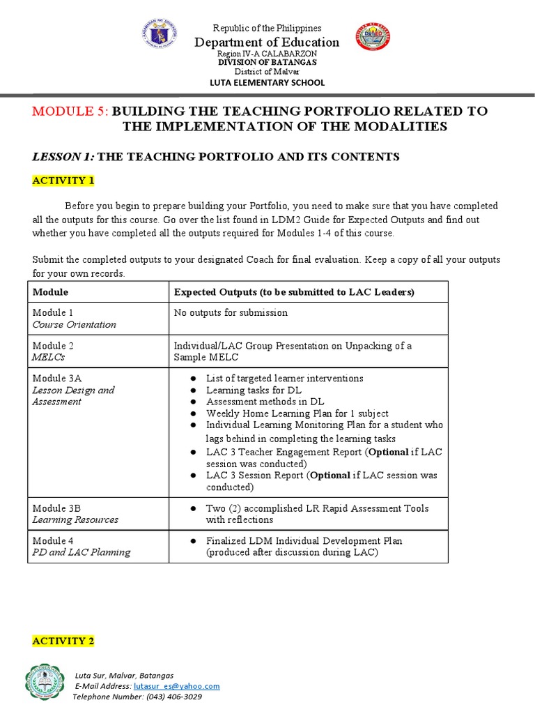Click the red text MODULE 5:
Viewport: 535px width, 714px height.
[x=70, y=112]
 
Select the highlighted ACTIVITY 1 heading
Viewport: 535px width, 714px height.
[x=63, y=181]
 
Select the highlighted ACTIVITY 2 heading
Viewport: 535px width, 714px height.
[x=63, y=641]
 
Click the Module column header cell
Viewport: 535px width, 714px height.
[x=50, y=292]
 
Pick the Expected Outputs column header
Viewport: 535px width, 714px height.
[x=293, y=292]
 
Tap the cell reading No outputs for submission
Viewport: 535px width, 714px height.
[x=231, y=312]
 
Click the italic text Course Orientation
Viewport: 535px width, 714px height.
[x=74, y=324]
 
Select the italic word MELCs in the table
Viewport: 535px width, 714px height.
[x=48, y=357]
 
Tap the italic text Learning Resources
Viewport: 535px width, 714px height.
[x=75, y=519]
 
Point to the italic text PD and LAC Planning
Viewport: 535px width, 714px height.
[x=81, y=552]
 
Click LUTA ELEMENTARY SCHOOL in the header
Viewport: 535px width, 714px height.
[x=267, y=82]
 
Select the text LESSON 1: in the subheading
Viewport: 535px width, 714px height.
[x=63, y=157]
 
